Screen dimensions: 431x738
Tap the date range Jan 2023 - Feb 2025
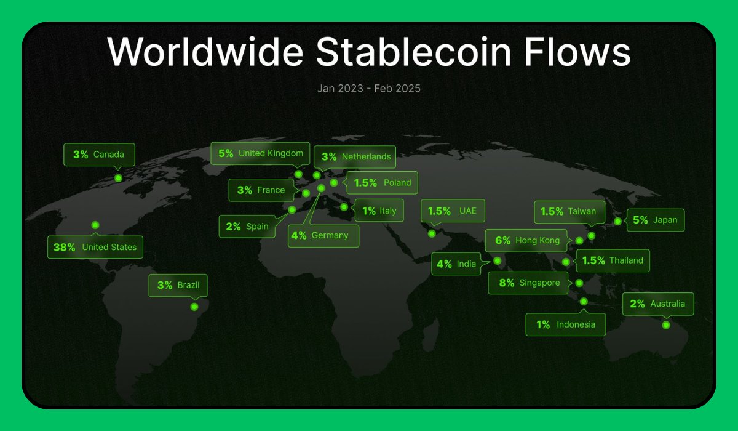(369, 88)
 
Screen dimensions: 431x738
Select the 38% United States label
(95, 248)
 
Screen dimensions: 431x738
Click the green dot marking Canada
(118, 178)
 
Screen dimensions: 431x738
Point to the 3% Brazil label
(178, 286)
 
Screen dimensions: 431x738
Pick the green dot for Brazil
(194, 307)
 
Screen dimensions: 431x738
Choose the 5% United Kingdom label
(261, 153)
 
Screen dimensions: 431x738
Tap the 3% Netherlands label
(356, 156)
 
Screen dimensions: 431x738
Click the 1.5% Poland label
(382, 183)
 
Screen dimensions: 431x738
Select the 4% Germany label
(323, 235)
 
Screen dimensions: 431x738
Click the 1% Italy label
(379, 211)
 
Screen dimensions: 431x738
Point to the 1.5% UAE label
(452, 211)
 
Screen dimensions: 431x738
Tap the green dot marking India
(498, 261)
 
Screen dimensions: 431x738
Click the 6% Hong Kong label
(527, 241)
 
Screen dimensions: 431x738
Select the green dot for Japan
(617, 221)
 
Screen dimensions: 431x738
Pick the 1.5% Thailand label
(612, 260)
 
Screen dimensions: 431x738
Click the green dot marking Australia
(666, 325)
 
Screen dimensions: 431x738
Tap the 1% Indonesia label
(565, 324)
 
